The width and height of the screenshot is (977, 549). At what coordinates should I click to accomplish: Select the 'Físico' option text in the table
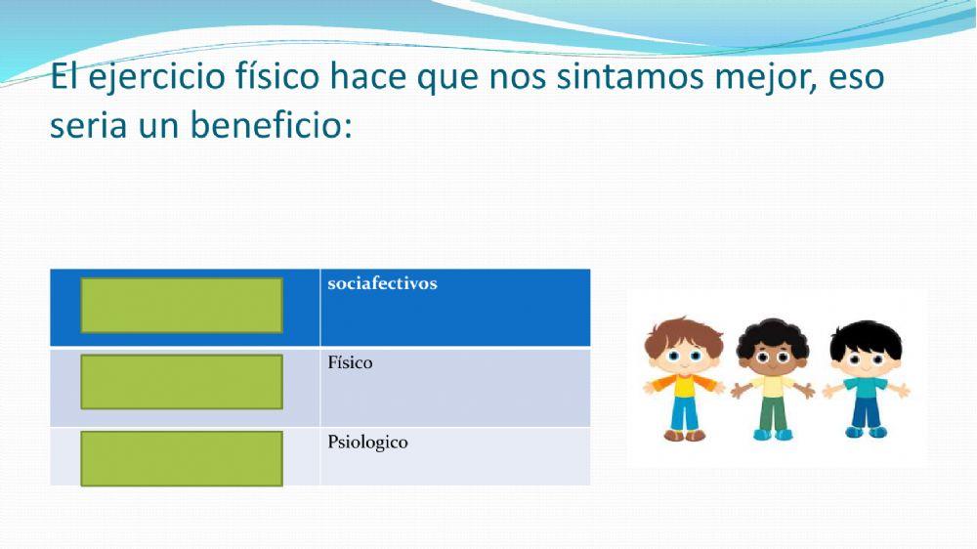pyautogui.click(x=350, y=363)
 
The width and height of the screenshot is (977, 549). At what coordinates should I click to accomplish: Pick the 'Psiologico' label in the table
pyautogui.click(x=367, y=443)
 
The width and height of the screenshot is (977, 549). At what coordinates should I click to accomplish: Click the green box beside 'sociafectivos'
pyautogui.click(x=182, y=305)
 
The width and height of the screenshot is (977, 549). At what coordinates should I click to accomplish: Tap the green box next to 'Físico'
pyautogui.click(x=182, y=381)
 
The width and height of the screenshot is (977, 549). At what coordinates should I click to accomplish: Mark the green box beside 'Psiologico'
pyautogui.click(x=182, y=458)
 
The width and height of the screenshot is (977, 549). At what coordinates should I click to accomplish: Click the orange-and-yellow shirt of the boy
pyautogui.click(x=683, y=386)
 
